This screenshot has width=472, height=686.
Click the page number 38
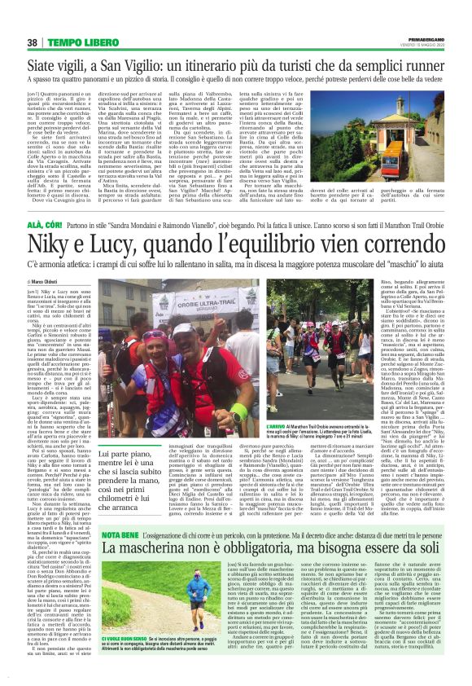[x=32, y=42]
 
